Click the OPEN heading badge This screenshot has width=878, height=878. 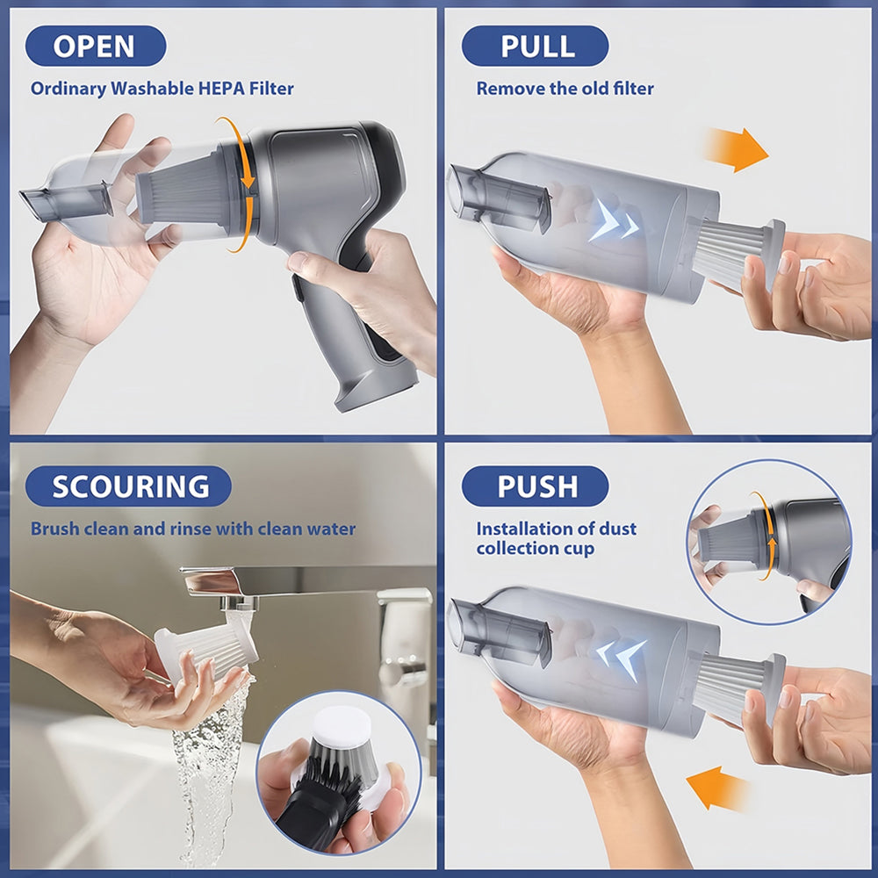point(96,46)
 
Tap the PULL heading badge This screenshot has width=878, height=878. point(535,46)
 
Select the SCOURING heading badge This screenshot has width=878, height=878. point(128,486)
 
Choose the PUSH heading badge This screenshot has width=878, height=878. point(535,486)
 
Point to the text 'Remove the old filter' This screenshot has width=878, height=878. point(565,89)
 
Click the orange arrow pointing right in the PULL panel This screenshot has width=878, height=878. point(735,149)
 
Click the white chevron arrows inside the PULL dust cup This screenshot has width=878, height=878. point(613,222)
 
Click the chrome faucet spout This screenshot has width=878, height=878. point(224,584)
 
